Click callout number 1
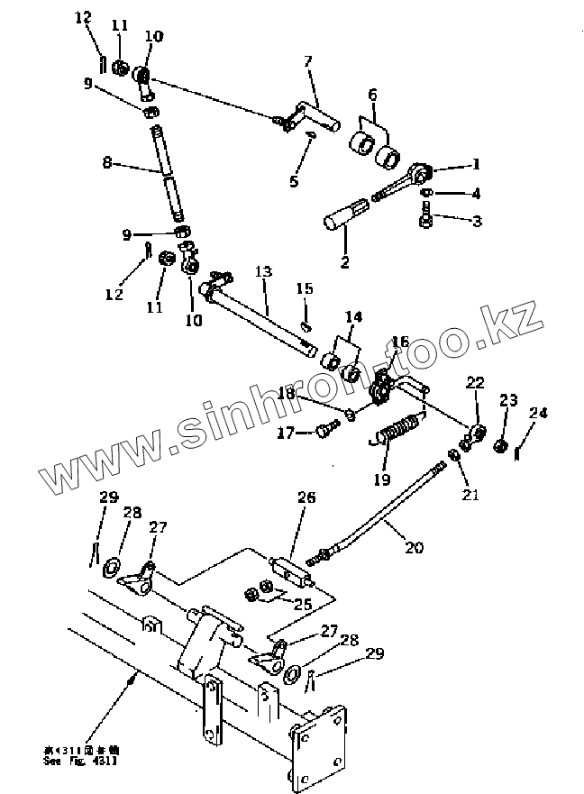coord(477,165)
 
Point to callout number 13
coord(262,271)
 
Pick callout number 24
coord(538,413)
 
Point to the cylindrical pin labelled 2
coord(344,218)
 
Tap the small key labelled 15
coord(306,326)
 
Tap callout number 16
coord(400,342)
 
